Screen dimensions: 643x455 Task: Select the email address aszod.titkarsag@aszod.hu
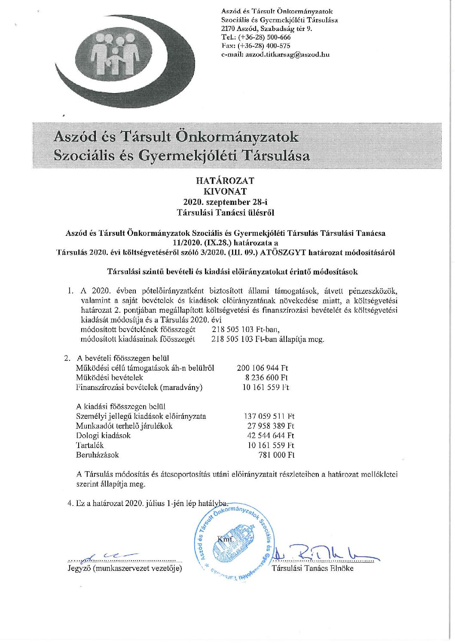click(x=287, y=55)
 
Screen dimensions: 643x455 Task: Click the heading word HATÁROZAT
click(x=225, y=181)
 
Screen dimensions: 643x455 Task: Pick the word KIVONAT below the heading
click(x=225, y=191)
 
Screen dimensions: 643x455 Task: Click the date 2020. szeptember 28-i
click(x=225, y=201)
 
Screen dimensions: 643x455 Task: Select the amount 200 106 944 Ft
click(x=262, y=368)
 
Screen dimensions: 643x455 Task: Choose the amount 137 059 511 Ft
click(x=269, y=416)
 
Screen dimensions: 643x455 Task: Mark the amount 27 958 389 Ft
click(x=271, y=426)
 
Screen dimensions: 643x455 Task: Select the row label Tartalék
click(x=90, y=445)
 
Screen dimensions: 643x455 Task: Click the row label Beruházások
click(x=97, y=455)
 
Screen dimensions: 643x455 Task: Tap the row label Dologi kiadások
click(x=103, y=436)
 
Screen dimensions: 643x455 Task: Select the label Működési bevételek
click(x=109, y=378)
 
